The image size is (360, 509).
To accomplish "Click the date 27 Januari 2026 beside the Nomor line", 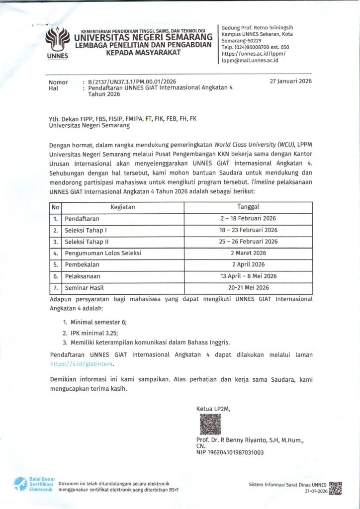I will pyautogui.click(x=290, y=82).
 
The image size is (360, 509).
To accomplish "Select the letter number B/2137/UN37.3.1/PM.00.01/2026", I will pyautogui.click(x=132, y=82).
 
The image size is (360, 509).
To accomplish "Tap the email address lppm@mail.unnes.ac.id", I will pyautogui.click(x=250, y=61).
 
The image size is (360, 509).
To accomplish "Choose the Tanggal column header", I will pyautogui.click(x=248, y=207).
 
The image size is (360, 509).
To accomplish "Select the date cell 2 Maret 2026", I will pyautogui.click(x=248, y=253).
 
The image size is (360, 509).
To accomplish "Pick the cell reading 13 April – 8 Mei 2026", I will pyautogui.click(x=248, y=276).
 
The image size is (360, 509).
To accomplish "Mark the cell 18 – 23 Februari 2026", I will pyautogui.click(x=248, y=230).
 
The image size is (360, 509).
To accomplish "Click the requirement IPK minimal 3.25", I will pyautogui.click(x=93, y=333).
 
